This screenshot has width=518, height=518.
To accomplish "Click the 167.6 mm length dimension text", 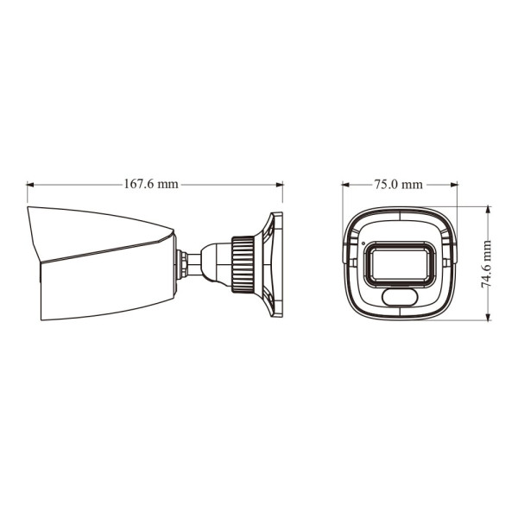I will [151, 184].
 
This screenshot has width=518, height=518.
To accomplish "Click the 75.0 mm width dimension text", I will [398, 184].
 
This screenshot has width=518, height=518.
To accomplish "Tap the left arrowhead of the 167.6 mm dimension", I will [30, 184].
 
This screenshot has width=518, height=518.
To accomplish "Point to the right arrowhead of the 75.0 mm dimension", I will [454, 184].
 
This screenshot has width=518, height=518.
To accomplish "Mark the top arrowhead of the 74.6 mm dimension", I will [487, 209].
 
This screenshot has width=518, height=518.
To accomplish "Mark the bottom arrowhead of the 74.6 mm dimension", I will [487, 318].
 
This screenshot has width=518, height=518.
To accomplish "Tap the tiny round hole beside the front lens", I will [363, 241].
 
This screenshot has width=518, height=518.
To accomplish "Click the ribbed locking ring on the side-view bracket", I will [243, 262].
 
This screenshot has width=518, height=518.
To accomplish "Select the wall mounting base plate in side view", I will [274, 262].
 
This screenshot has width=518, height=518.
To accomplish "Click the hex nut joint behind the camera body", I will [183, 263].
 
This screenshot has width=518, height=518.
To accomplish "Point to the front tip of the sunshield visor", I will [28, 208].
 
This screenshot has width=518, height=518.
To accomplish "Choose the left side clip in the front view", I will [346, 252].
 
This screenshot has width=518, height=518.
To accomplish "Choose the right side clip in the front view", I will [452, 252].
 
